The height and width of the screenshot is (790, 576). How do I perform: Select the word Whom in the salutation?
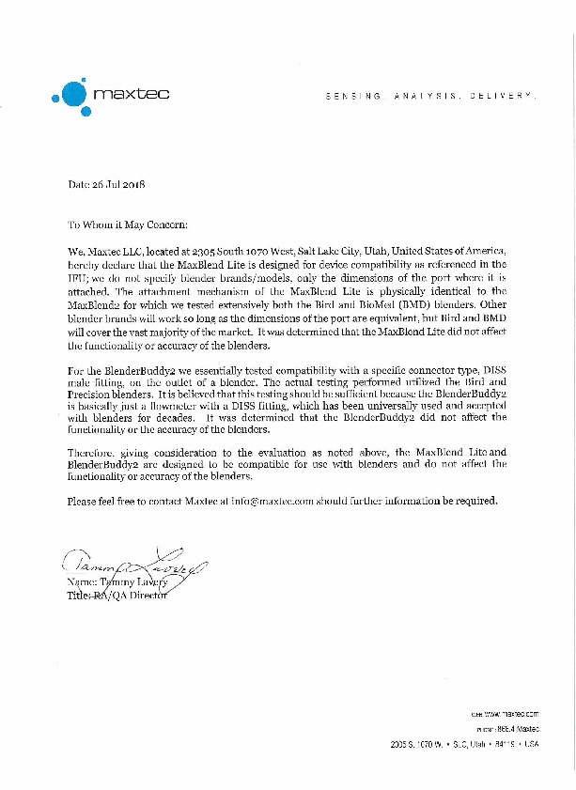click(x=99, y=226)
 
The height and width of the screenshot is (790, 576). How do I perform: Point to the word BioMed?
click(x=386, y=305)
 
